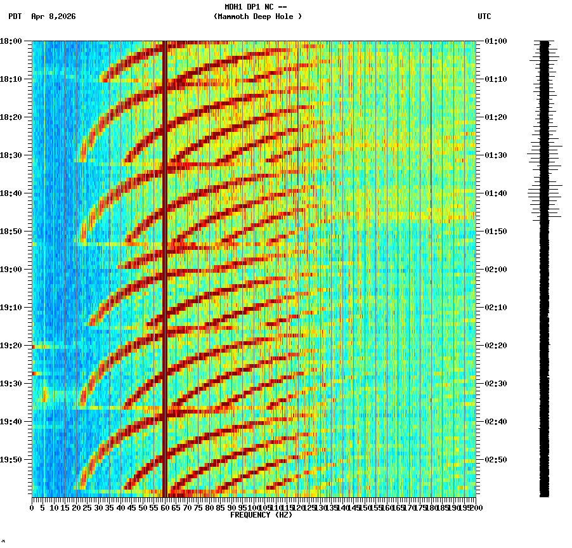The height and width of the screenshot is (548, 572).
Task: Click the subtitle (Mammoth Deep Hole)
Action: coord(257,16)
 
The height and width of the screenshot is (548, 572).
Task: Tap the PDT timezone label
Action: coord(15,16)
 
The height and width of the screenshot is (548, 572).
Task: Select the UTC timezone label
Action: coord(484,16)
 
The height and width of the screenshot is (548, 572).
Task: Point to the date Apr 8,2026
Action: coord(53,16)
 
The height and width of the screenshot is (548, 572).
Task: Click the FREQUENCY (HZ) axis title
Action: coord(261,515)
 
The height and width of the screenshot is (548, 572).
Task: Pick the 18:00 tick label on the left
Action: coord(11,41)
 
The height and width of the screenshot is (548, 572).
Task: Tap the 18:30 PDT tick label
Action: coord(11,155)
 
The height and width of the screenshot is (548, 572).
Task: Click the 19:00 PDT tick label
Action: coord(11,269)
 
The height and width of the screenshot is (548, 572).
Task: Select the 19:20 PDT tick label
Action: coord(11,345)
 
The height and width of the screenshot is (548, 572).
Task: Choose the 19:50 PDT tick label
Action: coord(11,459)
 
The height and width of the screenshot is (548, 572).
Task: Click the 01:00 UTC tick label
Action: coord(495,41)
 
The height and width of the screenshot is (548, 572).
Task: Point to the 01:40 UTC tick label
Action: coord(495,193)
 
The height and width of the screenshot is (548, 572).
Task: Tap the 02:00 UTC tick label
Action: coord(495,269)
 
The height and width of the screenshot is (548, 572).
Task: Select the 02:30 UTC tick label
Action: coord(495,383)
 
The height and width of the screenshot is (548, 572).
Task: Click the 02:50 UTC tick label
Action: coord(495,459)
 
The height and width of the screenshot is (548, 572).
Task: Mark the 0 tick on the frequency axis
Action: coord(32,507)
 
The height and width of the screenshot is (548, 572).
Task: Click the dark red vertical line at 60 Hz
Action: coord(164,254)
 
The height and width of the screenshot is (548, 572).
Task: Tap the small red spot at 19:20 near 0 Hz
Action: coord(34,347)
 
